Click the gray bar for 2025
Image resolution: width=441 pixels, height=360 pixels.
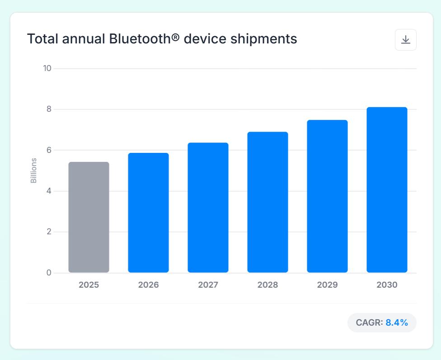pos(89,217)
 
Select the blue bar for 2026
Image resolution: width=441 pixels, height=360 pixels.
pos(148,213)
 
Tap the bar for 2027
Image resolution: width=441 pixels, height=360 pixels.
pos(208,208)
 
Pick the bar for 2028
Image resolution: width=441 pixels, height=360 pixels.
pos(267,202)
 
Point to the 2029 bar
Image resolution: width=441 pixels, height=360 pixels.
pos(327,196)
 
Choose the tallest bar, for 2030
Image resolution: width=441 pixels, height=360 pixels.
pos(387,189)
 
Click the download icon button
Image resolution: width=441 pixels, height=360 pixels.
pos(406,40)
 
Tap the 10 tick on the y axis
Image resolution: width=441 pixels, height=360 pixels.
pos(47,68)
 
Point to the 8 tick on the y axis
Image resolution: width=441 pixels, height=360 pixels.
pos(49,109)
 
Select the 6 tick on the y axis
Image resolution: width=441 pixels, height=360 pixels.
pos(49,150)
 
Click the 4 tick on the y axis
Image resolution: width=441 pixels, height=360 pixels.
pos(49,191)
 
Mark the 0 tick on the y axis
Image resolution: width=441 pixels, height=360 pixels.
pos(49,272)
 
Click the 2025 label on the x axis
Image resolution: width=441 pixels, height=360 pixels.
pos(89,285)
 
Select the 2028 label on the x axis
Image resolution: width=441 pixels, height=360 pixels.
pos(267,285)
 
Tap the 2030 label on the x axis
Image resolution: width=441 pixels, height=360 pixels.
pos(387,285)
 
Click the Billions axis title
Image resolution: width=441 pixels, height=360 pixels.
pos(33,171)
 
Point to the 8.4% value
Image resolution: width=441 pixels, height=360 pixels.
pos(397,322)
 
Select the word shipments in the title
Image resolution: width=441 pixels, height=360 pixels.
pos(264,39)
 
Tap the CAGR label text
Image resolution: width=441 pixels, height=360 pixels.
pos(369,322)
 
